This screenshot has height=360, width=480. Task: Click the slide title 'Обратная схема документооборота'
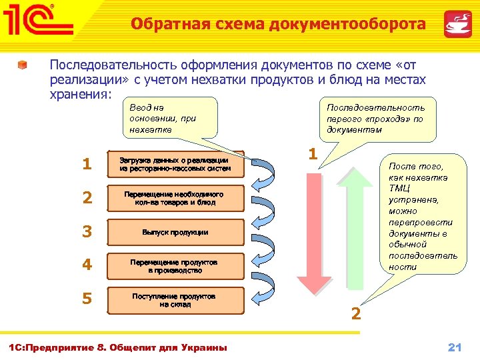(x=278, y=25)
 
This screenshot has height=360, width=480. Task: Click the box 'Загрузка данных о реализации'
(x=174, y=165)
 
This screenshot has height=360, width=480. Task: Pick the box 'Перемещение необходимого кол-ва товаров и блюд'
(x=174, y=198)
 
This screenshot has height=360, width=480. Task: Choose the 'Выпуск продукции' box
(x=174, y=232)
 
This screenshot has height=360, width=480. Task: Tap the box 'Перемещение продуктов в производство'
(x=174, y=266)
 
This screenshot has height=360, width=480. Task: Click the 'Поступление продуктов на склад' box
(x=174, y=299)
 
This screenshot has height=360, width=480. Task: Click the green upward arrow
(x=361, y=227)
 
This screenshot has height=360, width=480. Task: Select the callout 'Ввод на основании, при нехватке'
(x=172, y=117)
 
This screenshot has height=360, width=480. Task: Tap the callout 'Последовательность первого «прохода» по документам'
(x=375, y=118)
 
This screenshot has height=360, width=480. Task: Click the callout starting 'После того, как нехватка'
(x=423, y=216)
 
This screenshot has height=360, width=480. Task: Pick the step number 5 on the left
(x=86, y=299)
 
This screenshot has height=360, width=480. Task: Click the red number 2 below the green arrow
(x=356, y=313)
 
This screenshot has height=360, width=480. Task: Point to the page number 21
(x=455, y=347)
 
